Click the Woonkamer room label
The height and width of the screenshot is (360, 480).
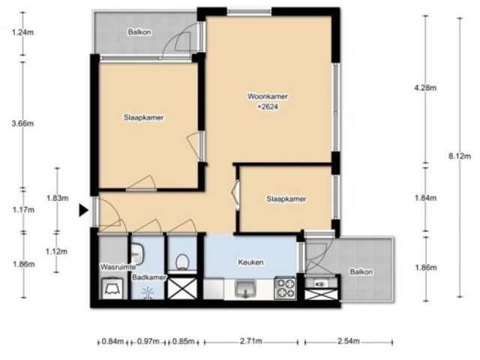[267, 97]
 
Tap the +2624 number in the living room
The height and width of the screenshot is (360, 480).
[268, 106]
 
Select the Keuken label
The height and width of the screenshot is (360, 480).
[250, 262]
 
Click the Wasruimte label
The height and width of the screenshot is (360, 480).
[118, 267]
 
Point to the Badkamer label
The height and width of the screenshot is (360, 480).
[149, 277]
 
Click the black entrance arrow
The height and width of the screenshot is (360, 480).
[83, 210]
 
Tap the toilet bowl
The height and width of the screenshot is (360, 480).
[181, 262]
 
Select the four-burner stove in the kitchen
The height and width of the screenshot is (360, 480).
[285, 288]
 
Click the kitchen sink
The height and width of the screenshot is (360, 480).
[245, 289]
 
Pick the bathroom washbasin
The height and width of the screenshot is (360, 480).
[137, 254]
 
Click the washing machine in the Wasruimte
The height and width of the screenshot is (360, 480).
[112, 288]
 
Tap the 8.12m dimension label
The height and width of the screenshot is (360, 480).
[460, 156]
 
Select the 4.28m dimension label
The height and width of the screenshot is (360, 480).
[425, 88]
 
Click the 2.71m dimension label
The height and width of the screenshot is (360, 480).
[251, 341]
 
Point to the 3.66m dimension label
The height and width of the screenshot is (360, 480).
[22, 123]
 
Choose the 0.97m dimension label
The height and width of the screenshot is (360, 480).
[148, 341]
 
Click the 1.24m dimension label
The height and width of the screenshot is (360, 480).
[22, 31]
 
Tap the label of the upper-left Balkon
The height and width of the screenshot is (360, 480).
[139, 32]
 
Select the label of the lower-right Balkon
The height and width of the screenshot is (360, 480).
[361, 271]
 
